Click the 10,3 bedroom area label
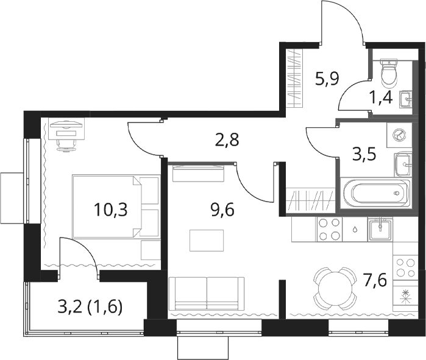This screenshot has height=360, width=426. (110, 210)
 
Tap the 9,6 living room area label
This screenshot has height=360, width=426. (222, 210)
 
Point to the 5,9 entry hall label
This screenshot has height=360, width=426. (327, 79)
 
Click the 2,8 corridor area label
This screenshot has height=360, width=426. (227, 140)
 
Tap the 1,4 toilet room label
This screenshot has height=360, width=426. (381, 97)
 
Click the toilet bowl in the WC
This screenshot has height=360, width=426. (389, 71)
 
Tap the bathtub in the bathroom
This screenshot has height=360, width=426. (376, 193)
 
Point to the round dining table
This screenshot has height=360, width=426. (335, 289)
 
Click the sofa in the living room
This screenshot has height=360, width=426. (206, 294)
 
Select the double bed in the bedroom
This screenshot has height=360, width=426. (116, 207)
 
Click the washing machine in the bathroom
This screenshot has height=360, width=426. (399, 135)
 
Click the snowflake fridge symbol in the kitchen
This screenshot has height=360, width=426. (405, 296)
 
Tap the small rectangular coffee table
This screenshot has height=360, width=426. (207, 241)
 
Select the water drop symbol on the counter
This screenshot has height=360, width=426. (355, 230)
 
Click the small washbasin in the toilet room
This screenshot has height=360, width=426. (405, 99)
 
